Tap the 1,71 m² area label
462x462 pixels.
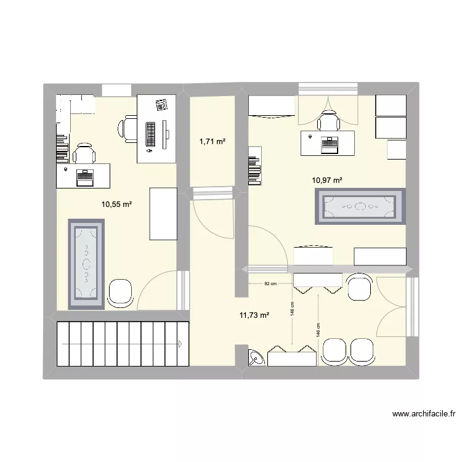point(212,142)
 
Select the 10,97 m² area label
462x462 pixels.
point(327,180)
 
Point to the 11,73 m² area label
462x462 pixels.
point(254,315)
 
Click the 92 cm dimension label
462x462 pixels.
point(270,284)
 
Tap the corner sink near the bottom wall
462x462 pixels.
point(256,358)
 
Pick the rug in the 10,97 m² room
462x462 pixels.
point(360,207)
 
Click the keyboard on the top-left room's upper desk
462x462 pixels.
point(150,132)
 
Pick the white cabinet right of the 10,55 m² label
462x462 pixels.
point(163,214)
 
